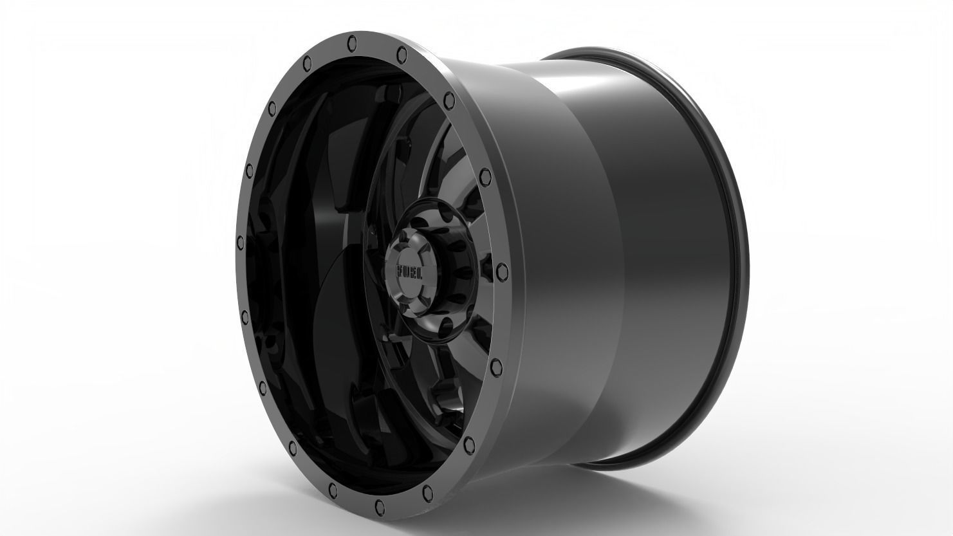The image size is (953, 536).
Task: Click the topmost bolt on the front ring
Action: [351, 42]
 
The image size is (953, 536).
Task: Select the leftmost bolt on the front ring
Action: [241, 243]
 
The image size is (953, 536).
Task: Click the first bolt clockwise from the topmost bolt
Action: [402, 51]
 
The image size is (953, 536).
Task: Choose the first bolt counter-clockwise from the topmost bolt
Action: [306, 62]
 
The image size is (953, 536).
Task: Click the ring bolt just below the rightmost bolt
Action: [495, 367]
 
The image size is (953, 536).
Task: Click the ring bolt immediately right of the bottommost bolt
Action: [427, 493]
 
